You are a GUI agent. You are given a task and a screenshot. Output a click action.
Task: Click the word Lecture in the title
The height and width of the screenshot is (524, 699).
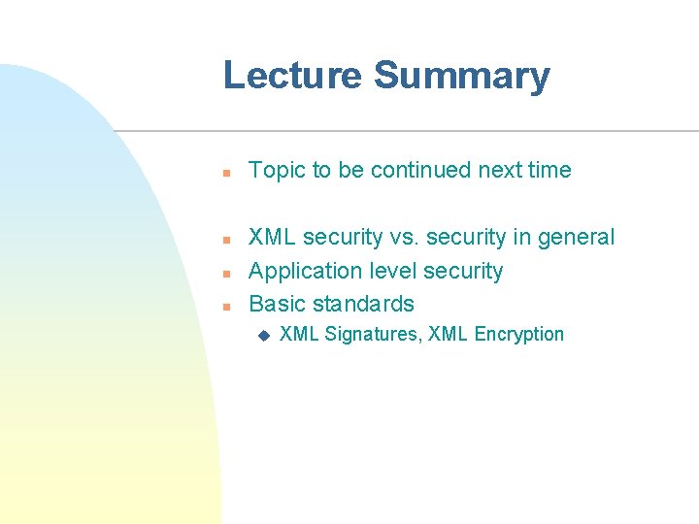pyautogui.click(x=292, y=76)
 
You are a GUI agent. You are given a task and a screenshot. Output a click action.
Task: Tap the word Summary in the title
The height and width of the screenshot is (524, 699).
pyautogui.click(x=461, y=76)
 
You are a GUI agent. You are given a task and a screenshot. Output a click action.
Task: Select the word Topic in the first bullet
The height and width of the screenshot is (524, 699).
pyautogui.click(x=278, y=170)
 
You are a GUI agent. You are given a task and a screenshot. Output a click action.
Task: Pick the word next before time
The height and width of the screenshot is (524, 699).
pyautogui.click(x=499, y=170)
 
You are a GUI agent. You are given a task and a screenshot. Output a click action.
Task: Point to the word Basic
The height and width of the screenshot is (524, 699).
pyautogui.click(x=277, y=304)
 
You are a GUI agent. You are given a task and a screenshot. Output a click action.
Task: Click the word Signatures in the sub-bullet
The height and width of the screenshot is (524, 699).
pyautogui.click(x=372, y=335)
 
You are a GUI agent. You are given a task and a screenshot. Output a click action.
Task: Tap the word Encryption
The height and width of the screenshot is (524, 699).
pyautogui.click(x=519, y=335)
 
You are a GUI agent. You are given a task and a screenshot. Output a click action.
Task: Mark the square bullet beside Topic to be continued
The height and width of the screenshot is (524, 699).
pyautogui.click(x=224, y=173)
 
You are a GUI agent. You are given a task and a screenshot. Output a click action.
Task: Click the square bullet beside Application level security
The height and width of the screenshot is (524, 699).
pyautogui.click(x=224, y=274)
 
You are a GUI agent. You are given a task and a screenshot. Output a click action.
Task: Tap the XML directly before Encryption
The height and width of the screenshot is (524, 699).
pyautogui.click(x=448, y=335)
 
